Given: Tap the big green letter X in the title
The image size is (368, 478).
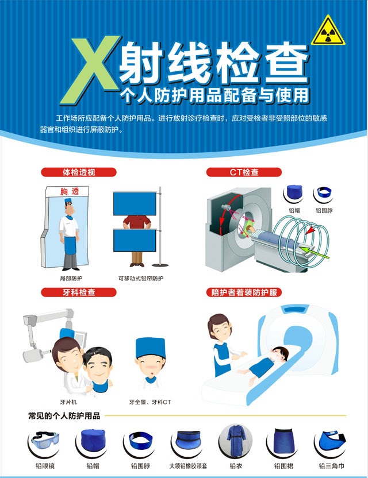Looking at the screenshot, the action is [91, 70].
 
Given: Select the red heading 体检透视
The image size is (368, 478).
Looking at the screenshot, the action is [79, 172].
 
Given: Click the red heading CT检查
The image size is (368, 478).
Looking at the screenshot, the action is [244, 172].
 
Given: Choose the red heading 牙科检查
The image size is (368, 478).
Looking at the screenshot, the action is [79, 292].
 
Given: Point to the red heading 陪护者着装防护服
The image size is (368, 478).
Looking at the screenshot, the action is [244, 292].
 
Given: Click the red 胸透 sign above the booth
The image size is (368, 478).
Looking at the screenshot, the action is [70, 191].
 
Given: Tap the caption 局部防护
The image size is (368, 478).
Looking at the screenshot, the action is [71, 278].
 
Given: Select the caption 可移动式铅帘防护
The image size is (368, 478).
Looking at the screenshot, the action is [141, 278].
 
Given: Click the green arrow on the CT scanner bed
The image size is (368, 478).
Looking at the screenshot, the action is [315, 253].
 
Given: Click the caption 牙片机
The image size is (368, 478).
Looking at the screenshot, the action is [68, 402].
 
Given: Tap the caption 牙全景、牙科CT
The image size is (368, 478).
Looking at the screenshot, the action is [150, 402].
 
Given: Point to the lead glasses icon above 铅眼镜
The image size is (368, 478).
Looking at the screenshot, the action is [45, 441].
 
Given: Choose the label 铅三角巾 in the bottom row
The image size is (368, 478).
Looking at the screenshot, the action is [332, 466].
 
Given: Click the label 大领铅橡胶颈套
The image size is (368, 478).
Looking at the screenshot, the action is [188, 466].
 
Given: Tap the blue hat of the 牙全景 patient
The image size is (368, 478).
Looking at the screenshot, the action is [151, 348].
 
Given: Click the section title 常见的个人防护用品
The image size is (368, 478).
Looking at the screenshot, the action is [64, 416].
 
